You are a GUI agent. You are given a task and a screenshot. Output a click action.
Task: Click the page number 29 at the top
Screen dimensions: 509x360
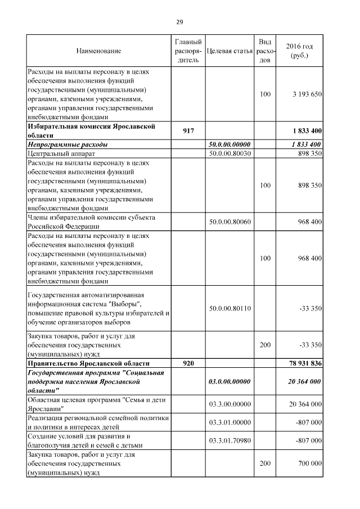coord(179,22)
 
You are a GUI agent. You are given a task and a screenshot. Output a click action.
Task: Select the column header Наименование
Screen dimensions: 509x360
coord(98,51)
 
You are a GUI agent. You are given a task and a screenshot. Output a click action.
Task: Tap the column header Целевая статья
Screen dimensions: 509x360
coord(229,51)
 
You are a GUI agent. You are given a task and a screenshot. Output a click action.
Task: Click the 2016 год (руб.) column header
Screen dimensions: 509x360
coord(299,51)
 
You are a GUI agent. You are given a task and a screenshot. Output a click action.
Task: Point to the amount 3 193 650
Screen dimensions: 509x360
coord(307,94)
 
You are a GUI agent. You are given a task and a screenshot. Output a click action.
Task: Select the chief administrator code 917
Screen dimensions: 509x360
coord(188,131)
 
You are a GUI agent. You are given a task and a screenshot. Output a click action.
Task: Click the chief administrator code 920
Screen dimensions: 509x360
coord(188,363)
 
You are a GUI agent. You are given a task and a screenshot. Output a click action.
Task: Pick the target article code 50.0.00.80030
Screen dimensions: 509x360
coord(229,153)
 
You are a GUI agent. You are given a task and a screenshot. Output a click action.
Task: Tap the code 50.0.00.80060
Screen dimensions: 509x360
coord(229,222)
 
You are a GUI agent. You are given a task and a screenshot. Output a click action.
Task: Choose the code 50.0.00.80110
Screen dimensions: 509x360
coord(229,308)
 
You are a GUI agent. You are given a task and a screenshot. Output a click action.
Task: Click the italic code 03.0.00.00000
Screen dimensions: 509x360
coord(229,381)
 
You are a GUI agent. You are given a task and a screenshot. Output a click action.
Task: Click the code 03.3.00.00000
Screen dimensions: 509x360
coord(229,404)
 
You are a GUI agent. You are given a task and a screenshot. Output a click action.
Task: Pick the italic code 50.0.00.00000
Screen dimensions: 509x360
coord(229,145)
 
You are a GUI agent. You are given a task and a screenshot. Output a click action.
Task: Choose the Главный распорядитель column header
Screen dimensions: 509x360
coord(188,51)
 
